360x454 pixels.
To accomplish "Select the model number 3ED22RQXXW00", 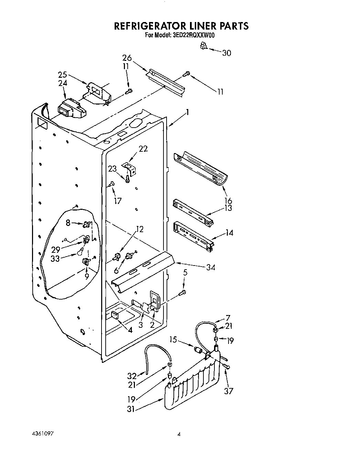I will [x=191, y=35].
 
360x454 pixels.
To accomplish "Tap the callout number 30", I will [x=226, y=53].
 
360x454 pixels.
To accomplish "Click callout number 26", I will [x=127, y=58].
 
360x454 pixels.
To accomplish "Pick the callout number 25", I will [x=62, y=75].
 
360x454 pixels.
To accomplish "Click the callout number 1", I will [x=188, y=112].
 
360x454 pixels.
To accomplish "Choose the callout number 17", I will [x=118, y=201].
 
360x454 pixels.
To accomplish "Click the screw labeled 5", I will [x=183, y=292].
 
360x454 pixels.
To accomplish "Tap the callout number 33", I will [x=55, y=259].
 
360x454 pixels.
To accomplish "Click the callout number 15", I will [x=173, y=340].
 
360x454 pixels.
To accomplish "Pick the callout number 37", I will [x=229, y=391].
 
